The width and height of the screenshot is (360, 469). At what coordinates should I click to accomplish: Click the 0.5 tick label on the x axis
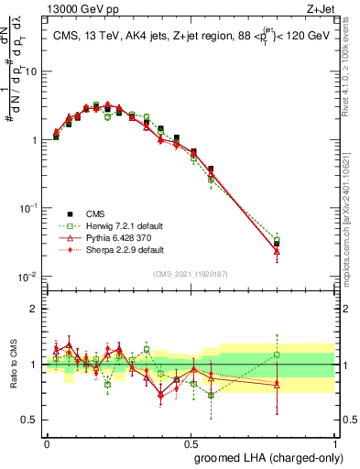[x=191, y=442]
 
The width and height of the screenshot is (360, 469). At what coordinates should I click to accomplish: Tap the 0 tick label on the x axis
[x=47, y=442]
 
